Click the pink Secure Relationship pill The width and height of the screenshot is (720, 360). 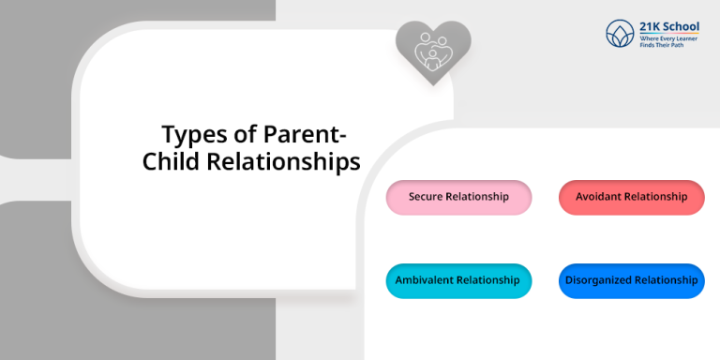coord(458,197)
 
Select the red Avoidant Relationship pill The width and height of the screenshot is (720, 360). coord(631,197)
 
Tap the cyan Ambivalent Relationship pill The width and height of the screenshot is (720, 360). coord(458,280)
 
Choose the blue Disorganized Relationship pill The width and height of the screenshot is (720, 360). coord(631,280)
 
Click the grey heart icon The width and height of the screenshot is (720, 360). coord(432,52)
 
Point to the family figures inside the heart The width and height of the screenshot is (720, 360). coord(432,49)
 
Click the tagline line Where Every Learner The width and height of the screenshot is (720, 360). coord(669,37)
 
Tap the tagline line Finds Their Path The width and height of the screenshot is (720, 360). coord(664,45)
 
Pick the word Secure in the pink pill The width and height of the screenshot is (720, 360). coord(427,197)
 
